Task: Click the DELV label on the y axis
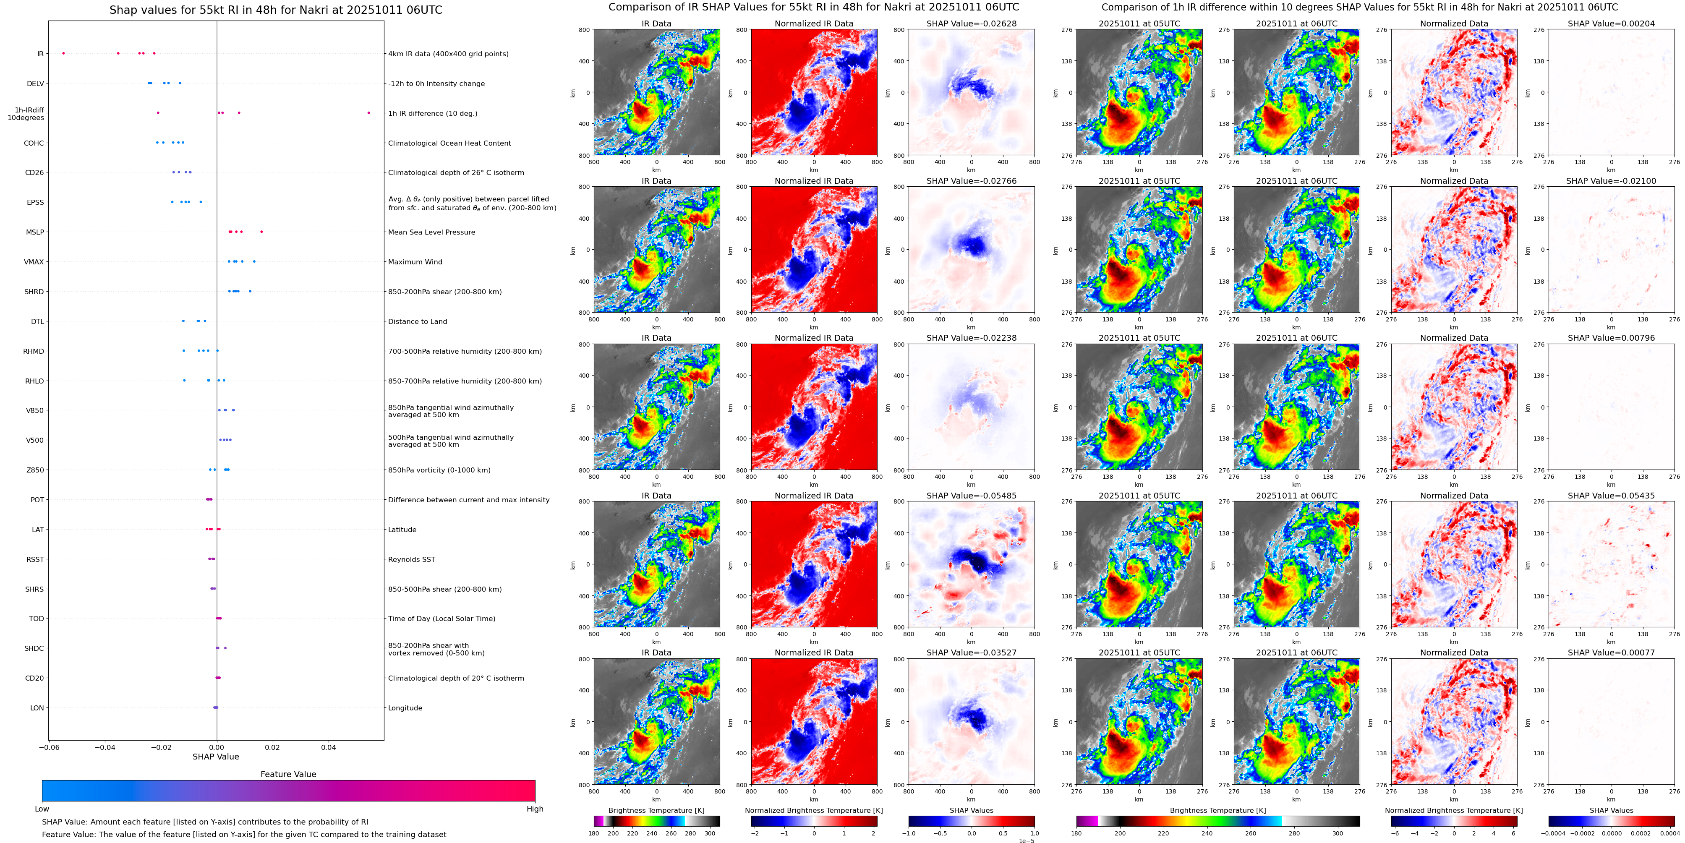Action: tap(35, 84)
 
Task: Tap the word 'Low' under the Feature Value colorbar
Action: tap(42, 809)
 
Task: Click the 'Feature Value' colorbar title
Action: tap(288, 774)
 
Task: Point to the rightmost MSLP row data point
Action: tap(261, 232)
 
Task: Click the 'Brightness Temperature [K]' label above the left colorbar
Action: tap(656, 810)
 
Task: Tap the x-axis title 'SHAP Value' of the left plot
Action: tap(215, 757)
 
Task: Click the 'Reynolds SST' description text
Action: tap(411, 559)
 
